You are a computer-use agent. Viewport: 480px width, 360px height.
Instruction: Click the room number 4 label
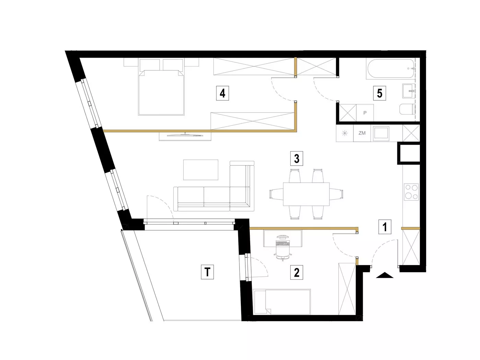222,93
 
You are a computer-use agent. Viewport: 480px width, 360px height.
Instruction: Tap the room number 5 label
379,93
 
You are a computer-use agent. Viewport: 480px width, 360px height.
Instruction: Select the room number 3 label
296,158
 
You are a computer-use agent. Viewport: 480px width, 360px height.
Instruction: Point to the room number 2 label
296,273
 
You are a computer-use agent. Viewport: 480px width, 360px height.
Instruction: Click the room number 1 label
385,227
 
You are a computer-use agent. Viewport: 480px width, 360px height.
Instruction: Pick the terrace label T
207,272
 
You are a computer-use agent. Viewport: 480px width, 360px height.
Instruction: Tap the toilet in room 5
407,109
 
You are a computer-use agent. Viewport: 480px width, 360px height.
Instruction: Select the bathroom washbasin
409,91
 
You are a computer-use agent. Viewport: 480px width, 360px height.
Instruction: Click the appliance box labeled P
365,113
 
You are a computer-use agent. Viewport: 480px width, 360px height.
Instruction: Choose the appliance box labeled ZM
362,133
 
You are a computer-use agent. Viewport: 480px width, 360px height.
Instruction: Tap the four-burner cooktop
411,192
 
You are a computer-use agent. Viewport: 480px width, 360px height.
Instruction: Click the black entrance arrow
384,275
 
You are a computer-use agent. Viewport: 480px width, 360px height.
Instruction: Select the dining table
306,194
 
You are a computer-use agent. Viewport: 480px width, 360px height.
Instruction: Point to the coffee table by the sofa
200,170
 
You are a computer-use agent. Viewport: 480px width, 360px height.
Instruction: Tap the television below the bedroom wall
185,135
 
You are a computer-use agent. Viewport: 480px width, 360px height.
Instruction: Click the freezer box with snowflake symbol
344,133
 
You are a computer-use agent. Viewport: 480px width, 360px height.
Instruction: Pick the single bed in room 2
282,302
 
